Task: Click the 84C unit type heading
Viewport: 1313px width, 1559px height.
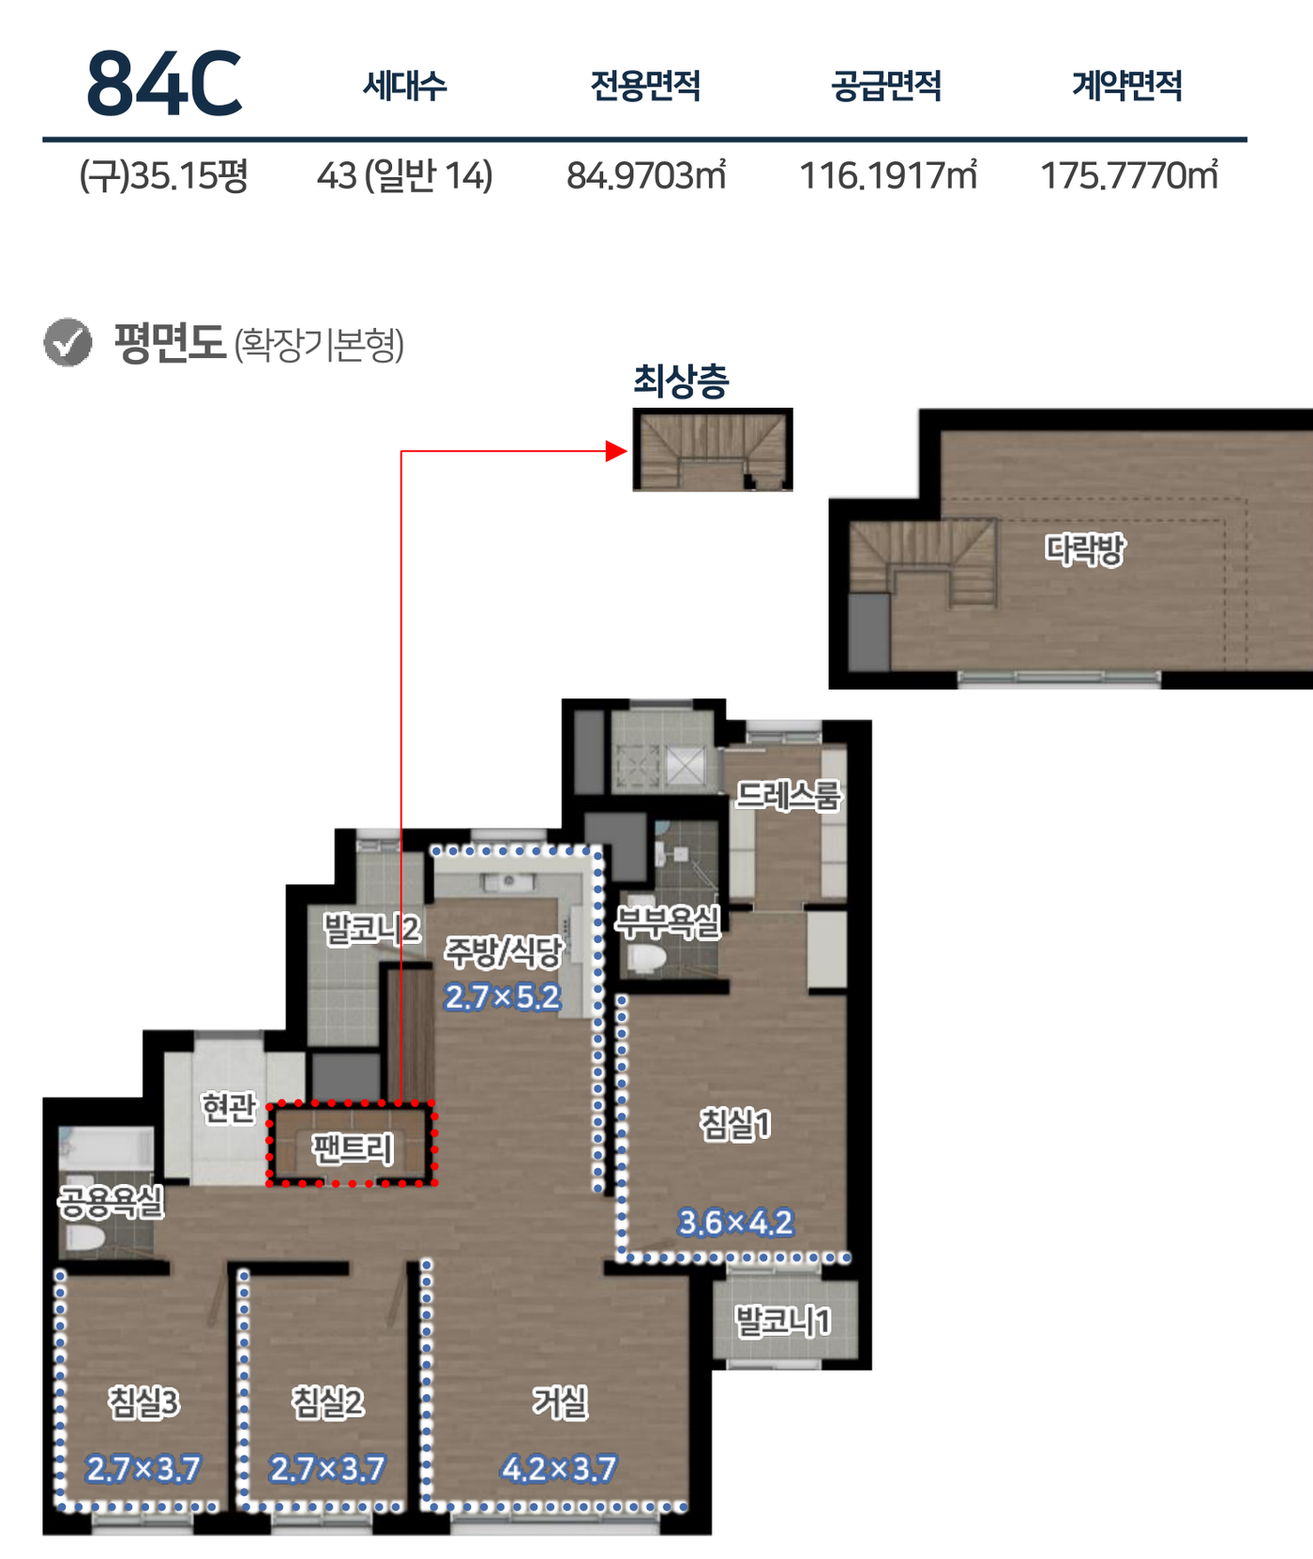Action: [164, 84]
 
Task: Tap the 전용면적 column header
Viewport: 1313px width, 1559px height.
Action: [645, 85]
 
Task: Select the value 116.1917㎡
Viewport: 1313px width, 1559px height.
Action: [887, 175]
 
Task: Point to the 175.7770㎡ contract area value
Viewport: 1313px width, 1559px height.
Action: [1129, 175]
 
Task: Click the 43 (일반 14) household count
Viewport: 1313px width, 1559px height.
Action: [404, 175]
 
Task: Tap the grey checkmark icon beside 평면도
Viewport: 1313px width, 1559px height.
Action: [68, 342]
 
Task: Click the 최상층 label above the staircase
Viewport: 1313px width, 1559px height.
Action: [681, 381]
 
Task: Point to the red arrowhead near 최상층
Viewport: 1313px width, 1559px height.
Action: [616, 452]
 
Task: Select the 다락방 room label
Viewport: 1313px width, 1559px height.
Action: [1085, 548]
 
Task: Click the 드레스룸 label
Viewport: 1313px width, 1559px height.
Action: [788, 795]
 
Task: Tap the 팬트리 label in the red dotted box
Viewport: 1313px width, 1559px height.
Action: [353, 1148]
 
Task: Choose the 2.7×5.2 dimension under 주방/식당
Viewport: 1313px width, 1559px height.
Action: [503, 997]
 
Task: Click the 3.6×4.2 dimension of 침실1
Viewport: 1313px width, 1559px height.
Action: [735, 1222]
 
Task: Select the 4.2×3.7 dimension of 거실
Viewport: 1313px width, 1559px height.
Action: [559, 1468]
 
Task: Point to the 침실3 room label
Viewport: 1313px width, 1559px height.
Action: [143, 1402]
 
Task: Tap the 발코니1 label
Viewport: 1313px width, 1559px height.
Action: [782, 1321]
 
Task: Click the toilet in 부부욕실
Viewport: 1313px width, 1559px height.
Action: [646, 958]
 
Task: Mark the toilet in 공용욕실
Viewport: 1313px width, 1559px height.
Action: [83, 1237]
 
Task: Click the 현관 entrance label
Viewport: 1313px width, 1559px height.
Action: [228, 1108]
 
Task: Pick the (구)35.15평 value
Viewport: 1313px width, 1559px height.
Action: [163, 175]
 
